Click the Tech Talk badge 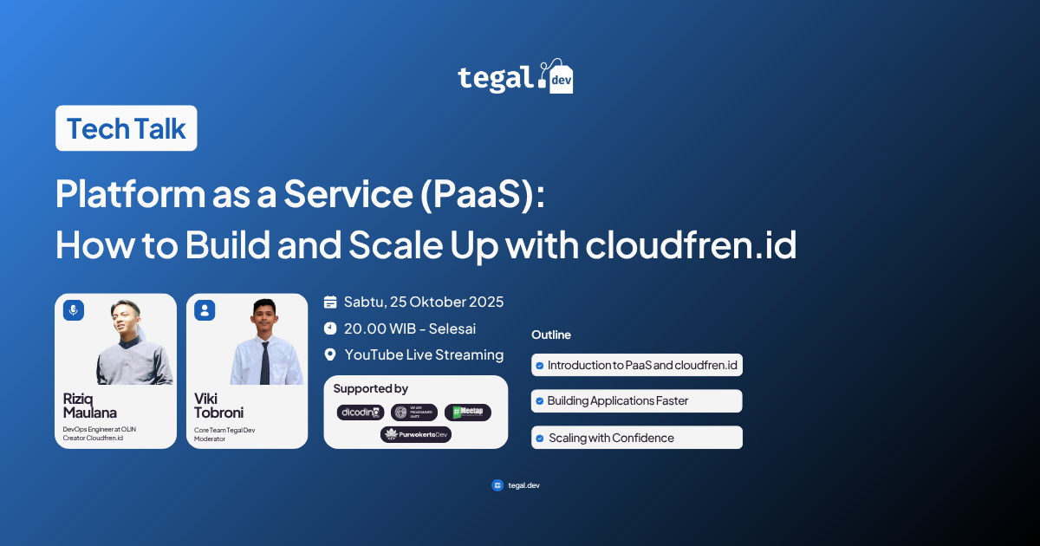pyautogui.click(x=127, y=129)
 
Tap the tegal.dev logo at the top pyautogui.click(x=516, y=77)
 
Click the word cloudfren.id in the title pyautogui.click(x=691, y=245)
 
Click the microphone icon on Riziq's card pyautogui.click(x=74, y=310)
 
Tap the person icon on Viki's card pyautogui.click(x=205, y=310)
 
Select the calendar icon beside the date pyautogui.click(x=330, y=302)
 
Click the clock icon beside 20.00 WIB pyautogui.click(x=330, y=328)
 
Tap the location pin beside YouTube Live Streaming pyautogui.click(x=330, y=354)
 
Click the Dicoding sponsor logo pyautogui.click(x=361, y=413)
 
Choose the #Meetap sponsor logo pyautogui.click(x=468, y=413)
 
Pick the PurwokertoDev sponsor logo pyautogui.click(x=416, y=434)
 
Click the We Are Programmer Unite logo pyautogui.click(x=414, y=413)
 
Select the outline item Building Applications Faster pyautogui.click(x=637, y=401)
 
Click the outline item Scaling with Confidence pyautogui.click(x=637, y=438)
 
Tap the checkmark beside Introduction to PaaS pyautogui.click(x=540, y=366)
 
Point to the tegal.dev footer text pyautogui.click(x=523, y=485)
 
